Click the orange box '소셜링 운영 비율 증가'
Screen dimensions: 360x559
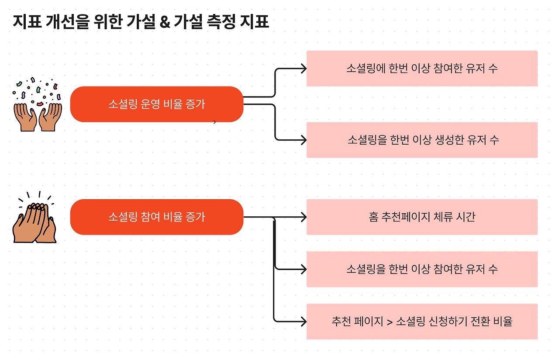(x=156, y=104)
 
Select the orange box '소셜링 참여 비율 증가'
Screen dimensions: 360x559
(x=156, y=217)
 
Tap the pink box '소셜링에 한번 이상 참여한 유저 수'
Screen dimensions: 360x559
(x=422, y=69)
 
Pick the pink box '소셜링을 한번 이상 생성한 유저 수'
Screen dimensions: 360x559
(x=422, y=140)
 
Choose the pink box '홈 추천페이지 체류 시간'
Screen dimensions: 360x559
(x=422, y=217)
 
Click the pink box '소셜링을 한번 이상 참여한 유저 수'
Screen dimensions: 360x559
(x=422, y=269)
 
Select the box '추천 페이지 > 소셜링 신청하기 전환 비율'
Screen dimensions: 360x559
(x=422, y=322)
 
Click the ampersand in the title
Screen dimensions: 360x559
(x=165, y=22)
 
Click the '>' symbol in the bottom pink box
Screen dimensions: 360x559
(x=390, y=322)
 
